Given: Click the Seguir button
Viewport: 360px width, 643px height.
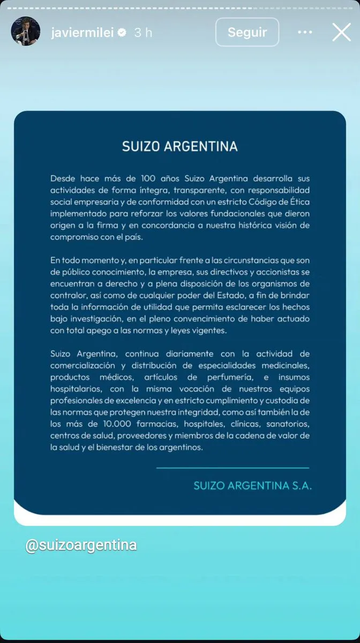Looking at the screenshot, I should point(247,32).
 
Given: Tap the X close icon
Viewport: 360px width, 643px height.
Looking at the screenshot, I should point(341,32).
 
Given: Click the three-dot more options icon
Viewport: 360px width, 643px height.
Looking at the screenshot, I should point(305,32).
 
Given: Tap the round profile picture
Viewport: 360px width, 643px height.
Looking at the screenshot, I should point(26,32).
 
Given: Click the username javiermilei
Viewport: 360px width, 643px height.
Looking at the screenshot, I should point(82,33).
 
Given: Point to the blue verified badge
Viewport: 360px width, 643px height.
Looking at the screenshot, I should point(122,33).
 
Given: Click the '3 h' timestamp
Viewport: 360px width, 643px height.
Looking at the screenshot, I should point(143,33).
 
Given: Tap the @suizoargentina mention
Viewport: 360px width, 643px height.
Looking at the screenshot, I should point(81,545).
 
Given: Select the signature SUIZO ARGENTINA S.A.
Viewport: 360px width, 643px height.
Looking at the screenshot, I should point(252,486).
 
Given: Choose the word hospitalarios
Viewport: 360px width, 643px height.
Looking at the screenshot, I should point(76,389).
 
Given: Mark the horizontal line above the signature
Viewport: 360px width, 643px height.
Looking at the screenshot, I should point(232,468).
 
